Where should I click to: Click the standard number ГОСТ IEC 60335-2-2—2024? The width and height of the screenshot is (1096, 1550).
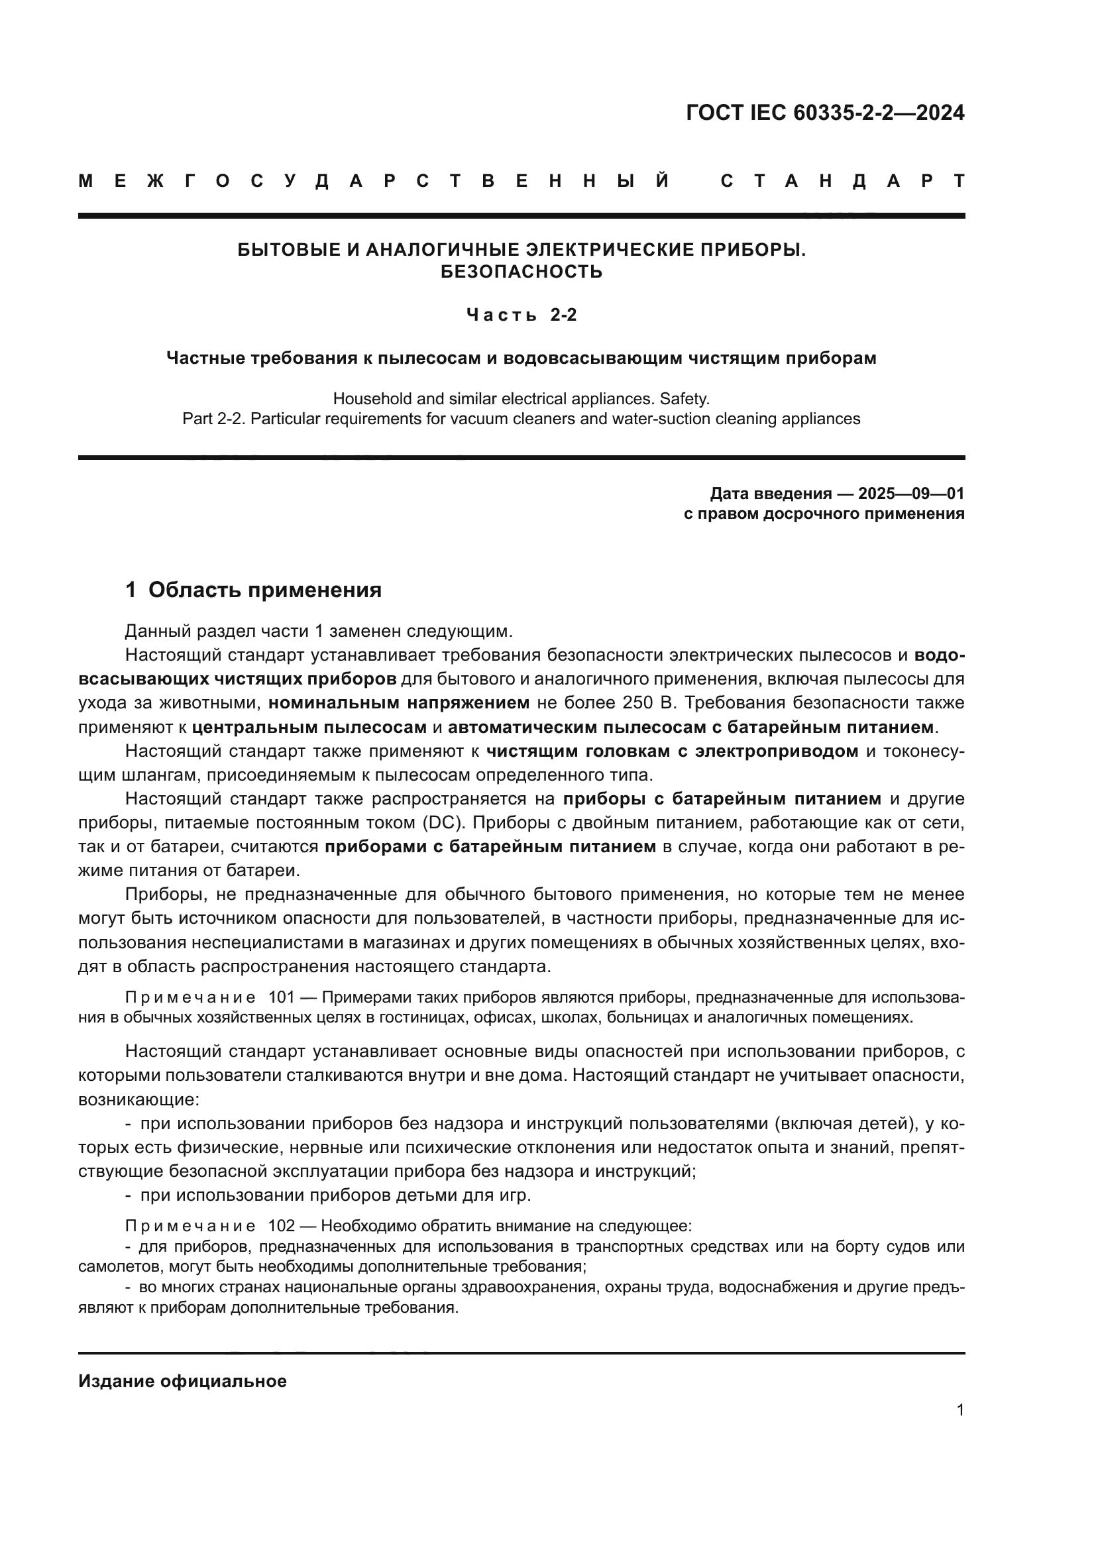[x=825, y=113]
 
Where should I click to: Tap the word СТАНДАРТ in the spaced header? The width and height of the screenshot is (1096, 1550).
[x=843, y=182]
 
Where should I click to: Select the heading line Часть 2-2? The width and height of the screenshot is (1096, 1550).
[x=521, y=315]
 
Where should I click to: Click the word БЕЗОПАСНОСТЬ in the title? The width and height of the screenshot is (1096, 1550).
[x=521, y=272]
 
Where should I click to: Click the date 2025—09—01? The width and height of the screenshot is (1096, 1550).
[x=911, y=494]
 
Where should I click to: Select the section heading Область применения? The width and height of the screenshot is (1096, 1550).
[x=264, y=590]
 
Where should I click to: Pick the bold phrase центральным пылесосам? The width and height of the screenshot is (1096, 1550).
[x=309, y=728]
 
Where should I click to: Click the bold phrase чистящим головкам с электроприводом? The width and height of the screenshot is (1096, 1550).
[x=672, y=751]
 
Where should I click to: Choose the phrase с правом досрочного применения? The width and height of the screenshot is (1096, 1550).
[x=824, y=514]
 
